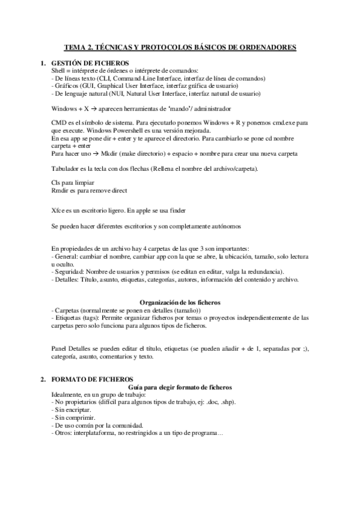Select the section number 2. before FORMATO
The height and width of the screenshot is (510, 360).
pos(43,380)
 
